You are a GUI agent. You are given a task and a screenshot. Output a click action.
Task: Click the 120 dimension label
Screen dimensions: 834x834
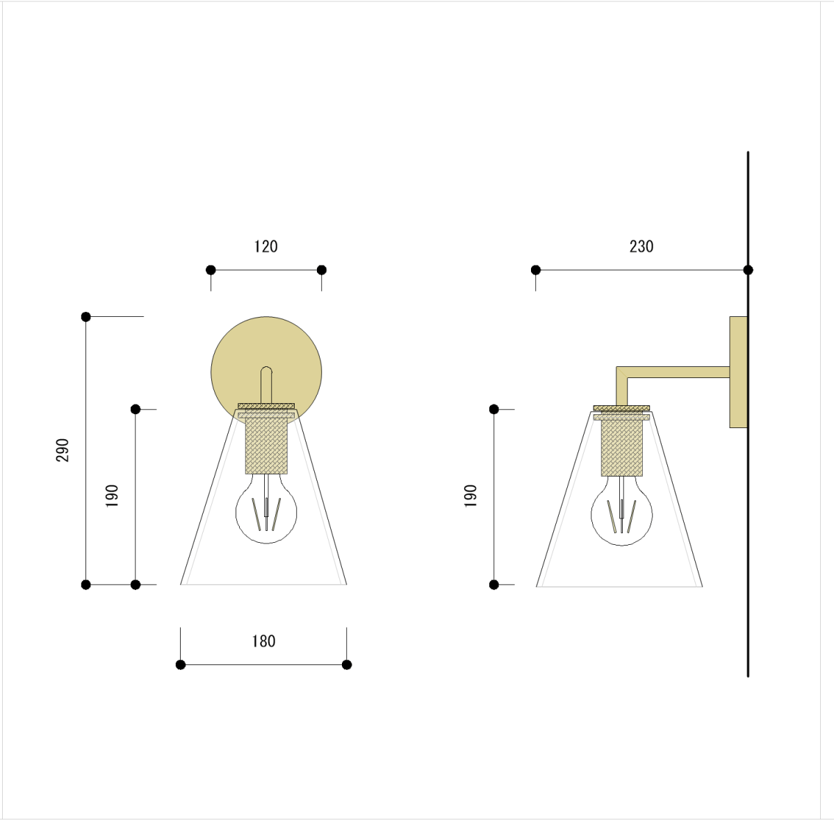pyautogui.click(x=265, y=247)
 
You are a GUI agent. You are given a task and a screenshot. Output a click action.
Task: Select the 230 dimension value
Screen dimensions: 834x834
pyautogui.click(x=641, y=247)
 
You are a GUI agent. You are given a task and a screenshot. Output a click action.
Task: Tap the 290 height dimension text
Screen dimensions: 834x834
pyautogui.click(x=63, y=450)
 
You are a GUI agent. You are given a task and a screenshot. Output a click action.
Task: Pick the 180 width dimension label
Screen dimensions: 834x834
pyautogui.click(x=263, y=641)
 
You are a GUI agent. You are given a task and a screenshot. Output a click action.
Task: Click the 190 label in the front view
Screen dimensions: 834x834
pyautogui.click(x=112, y=496)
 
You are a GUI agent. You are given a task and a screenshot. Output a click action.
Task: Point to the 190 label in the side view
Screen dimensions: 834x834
pyautogui.click(x=471, y=496)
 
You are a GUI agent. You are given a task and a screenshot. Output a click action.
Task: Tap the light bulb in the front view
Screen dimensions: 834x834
pyautogui.click(x=266, y=511)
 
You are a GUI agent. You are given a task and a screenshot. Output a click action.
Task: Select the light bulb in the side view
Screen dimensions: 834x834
pyautogui.click(x=621, y=513)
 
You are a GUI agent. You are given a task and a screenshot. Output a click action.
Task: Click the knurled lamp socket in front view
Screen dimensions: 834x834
pyautogui.click(x=266, y=445)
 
